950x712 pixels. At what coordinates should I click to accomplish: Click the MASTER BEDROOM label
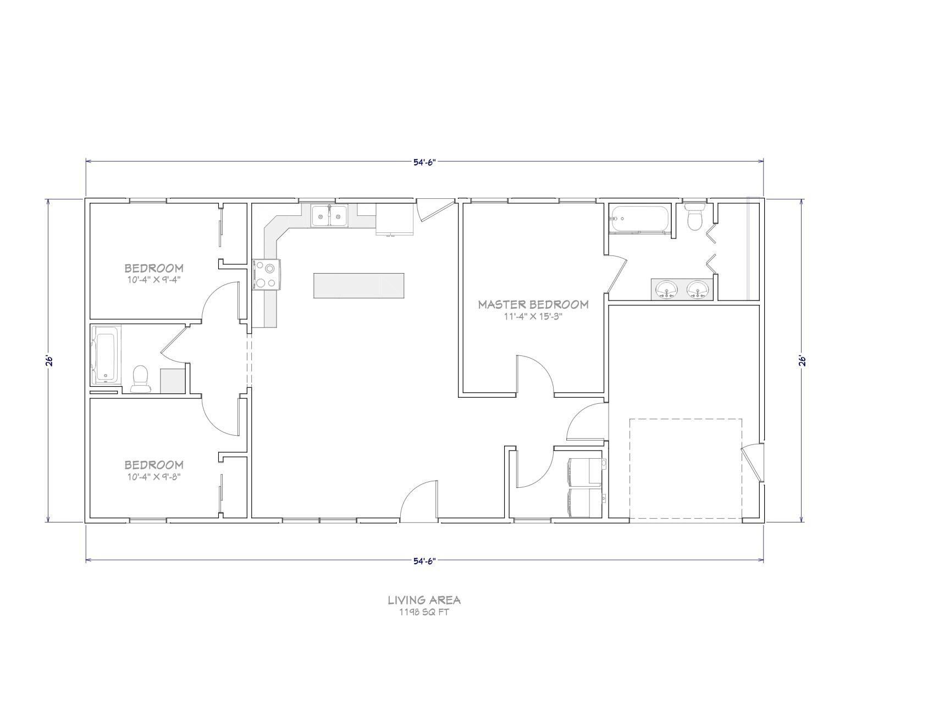[533, 304]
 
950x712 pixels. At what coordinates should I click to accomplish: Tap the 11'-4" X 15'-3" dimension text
[533, 316]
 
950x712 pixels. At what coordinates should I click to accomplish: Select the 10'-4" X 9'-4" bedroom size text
[154, 279]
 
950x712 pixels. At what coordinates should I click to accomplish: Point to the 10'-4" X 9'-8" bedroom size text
[154, 476]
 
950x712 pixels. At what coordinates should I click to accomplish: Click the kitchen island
[358, 286]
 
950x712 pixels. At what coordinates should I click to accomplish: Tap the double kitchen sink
[329, 215]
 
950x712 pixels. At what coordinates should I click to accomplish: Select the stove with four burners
[267, 275]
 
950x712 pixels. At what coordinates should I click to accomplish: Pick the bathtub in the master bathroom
[639, 219]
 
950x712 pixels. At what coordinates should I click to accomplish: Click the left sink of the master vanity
[668, 288]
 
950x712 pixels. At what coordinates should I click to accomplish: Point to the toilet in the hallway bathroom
[141, 379]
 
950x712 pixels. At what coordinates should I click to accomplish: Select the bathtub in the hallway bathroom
[106, 354]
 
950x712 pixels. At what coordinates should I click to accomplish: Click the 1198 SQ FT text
[424, 612]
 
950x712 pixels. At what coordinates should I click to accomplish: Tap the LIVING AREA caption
[424, 600]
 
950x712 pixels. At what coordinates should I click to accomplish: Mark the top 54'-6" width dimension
[424, 162]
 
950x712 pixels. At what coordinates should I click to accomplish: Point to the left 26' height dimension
[49, 360]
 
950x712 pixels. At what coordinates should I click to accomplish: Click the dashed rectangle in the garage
[686, 469]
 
